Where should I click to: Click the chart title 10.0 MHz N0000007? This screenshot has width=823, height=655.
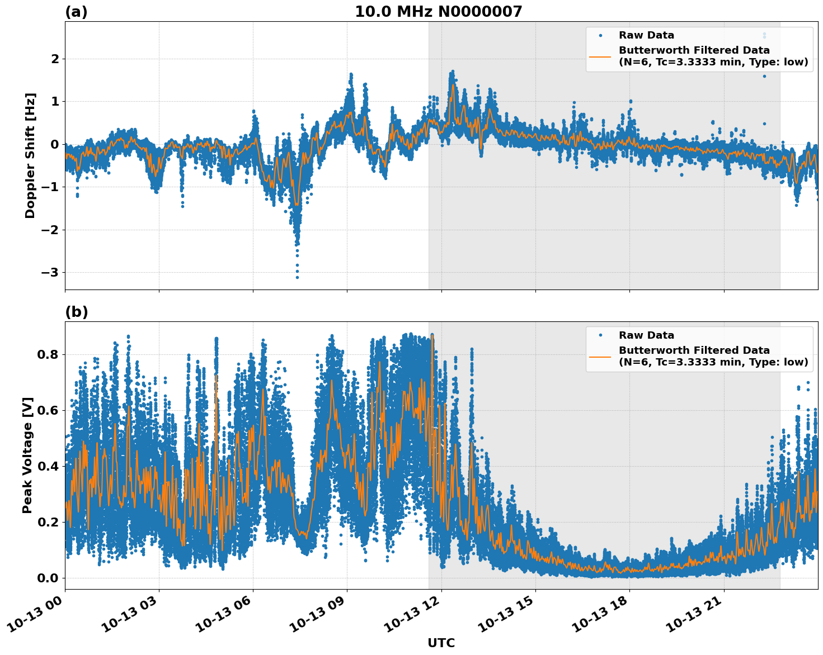tap(438, 12)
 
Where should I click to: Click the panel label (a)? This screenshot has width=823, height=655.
tap(76, 12)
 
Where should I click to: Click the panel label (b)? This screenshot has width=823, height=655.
tap(76, 312)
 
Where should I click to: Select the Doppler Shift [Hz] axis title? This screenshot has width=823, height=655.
tap(30, 155)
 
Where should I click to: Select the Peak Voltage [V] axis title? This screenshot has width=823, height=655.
tap(28, 455)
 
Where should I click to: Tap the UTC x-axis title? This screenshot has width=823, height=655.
tap(441, 643)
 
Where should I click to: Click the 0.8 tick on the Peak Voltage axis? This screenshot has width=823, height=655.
tap(48, 354)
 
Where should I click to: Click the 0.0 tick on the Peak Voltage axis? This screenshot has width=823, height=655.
tap(48, 578)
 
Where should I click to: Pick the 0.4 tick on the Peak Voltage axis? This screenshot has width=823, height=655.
tap(48, 466)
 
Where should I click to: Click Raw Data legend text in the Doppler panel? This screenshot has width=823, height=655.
tap(646, 35)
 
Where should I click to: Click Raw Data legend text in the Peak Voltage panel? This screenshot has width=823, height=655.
tap(646, 335)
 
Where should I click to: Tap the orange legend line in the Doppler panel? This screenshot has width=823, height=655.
tap(600, 56)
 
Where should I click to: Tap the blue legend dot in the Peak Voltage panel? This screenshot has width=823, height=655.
tap(600, 335)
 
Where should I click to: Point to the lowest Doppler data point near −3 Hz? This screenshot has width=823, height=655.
tap(297, 277)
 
